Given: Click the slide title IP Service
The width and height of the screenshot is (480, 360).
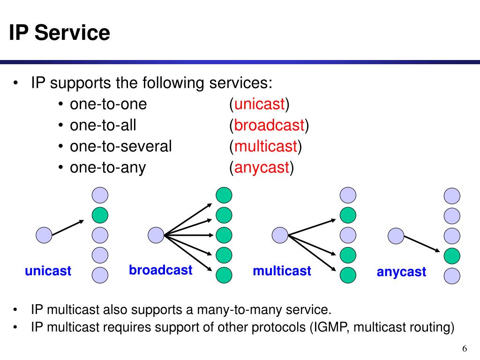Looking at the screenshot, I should (x=60, y=33).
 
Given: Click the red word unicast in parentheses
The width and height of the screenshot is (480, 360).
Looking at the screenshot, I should (x=259, y=104).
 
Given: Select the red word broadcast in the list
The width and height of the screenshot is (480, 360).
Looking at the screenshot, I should (x=270, y=125).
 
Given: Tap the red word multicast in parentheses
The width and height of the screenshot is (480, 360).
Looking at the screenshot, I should (x=266, y=146).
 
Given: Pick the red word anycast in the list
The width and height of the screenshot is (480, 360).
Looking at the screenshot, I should (x=262, y=167).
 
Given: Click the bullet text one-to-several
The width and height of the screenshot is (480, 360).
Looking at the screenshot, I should (x=121, y=146).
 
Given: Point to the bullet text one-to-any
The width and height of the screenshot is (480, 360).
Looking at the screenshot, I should (x=108, y=167).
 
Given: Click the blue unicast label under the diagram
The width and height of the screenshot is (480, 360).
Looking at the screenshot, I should (x=48, y=270).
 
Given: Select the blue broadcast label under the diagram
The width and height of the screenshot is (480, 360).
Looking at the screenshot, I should (x=161, y=270).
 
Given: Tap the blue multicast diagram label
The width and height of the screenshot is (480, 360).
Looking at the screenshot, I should (x=282, y=270).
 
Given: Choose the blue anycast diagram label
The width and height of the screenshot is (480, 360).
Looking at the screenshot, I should (x=402, y=272).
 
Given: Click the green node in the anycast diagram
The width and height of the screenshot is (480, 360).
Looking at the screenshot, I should (x=452, y=255).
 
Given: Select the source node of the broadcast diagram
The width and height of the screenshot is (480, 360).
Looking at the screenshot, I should (x=156, y=234).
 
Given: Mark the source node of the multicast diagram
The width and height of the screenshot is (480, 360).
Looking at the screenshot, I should (x=280, y=235).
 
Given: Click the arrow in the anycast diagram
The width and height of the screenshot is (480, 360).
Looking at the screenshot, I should (x=422, y=244).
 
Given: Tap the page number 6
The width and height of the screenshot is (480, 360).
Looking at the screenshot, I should (x=465, y=348).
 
